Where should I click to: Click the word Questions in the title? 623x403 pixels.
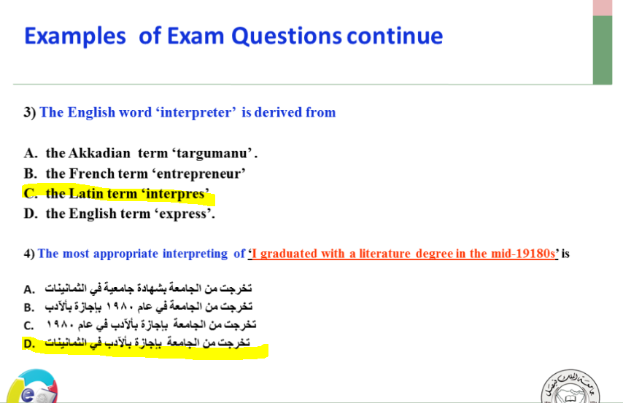tap(286, 36)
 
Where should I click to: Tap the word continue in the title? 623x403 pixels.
tap(395, 36)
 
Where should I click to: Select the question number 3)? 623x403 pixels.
tap(30, 112)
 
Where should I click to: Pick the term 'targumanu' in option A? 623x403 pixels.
tap(214, 153)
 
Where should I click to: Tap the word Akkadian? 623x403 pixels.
tap(99, 153)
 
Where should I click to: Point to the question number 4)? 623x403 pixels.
tap(29, 254)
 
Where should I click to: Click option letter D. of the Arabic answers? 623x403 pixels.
tap(29, 343)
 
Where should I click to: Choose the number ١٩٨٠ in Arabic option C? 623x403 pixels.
tap(60, 325)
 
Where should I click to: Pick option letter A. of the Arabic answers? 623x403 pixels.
tap(29, 289)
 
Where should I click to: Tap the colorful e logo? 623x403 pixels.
tap(33, 387)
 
